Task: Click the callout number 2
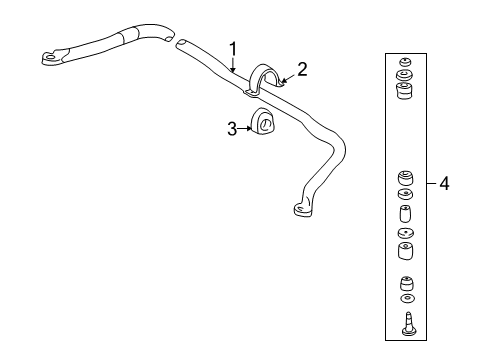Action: tap(300, 70)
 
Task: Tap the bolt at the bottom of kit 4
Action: tap(407, 321)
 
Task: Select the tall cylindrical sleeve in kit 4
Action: tap(406, 217)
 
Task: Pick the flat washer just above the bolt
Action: tap(406, 299)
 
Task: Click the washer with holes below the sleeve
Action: tap(406, 236)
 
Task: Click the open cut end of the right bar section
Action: tap(182, 43)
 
